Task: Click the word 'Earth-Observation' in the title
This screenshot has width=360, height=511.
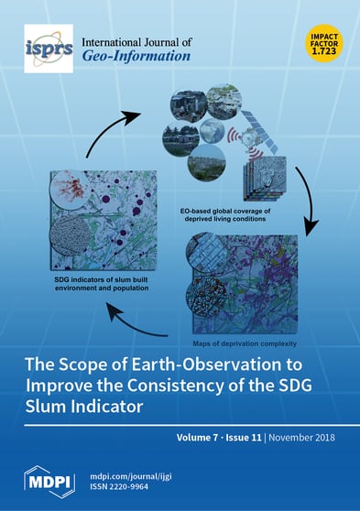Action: [x=220, y=358]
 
